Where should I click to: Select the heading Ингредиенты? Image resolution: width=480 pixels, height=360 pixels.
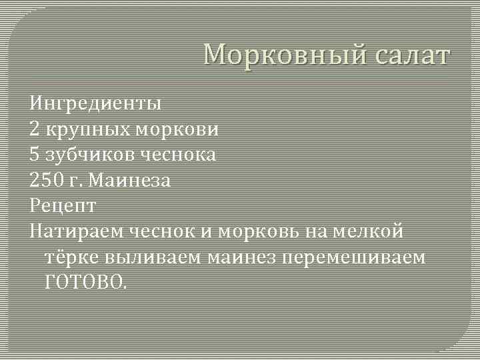(x=95, y=104)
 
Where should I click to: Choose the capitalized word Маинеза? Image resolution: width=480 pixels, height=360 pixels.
(x=130, y=180)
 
